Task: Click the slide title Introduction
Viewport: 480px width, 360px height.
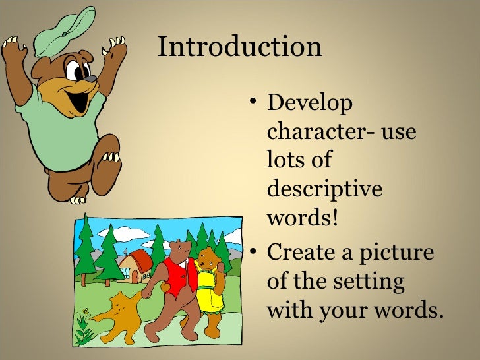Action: pos(240,47)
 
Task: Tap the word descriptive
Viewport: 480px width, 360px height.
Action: pos(324,189)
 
